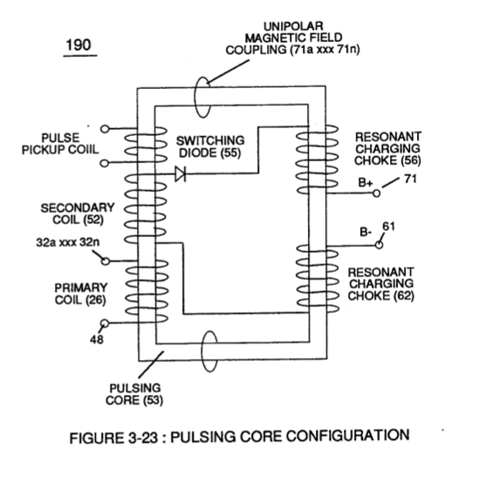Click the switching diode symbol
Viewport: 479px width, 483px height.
181,174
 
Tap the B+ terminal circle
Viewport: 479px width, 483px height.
376,194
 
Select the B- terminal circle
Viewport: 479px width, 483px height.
380,245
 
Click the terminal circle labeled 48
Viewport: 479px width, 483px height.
105,323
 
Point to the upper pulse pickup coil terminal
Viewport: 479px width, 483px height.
105,129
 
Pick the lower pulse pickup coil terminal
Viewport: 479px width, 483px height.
105,163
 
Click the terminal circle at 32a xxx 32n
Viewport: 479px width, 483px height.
106,262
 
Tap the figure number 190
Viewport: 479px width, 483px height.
79,45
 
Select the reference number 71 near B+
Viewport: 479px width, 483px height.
410,179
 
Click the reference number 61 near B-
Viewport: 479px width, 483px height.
388,227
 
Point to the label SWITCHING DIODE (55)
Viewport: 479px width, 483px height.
210,146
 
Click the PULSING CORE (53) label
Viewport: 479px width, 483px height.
134,394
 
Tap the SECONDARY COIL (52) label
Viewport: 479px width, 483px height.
78,214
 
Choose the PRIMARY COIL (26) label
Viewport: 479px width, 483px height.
80,294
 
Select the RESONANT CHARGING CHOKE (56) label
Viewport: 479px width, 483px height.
387,148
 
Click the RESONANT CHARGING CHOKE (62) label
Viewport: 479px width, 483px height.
381,283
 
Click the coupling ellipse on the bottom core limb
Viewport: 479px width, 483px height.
202,351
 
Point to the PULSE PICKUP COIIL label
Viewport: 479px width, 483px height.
60,144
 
